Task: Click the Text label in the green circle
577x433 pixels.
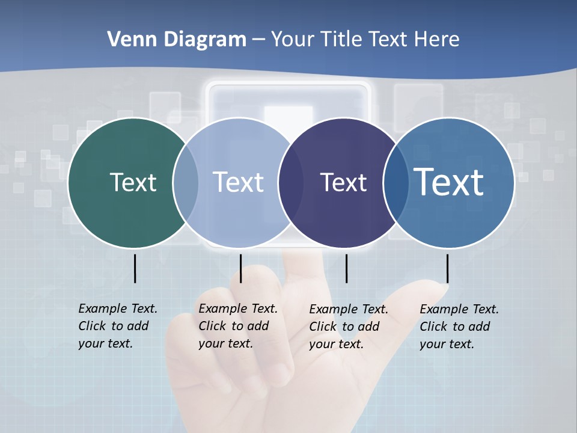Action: (133, 182)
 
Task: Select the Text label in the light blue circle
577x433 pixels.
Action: (238, 182)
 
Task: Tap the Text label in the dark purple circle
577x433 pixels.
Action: (343, 182)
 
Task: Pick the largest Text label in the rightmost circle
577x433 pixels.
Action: (449, 182)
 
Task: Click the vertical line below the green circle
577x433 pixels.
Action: (135, 268)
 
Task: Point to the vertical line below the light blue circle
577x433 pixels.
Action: (240, 268)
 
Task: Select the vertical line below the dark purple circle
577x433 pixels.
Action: (346, 268)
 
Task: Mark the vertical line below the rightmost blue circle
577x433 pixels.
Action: (447, 268)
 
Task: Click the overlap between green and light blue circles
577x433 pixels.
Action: (186, 182)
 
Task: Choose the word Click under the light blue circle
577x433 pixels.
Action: (212, 326)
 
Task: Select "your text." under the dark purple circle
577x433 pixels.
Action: (336, 344)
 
